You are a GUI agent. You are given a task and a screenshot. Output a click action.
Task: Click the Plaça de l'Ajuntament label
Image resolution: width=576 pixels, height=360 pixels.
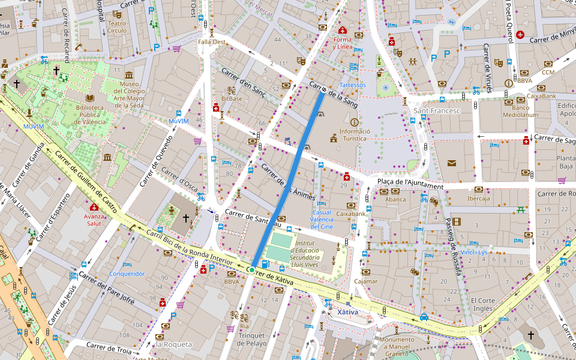[410, 182]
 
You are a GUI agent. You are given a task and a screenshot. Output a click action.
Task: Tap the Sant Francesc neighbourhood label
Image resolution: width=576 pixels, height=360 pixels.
[437, 111]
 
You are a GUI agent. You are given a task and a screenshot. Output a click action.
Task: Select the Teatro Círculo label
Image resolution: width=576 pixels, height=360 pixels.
[117, 26]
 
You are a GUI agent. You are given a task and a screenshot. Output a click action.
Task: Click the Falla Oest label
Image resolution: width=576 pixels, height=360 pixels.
[212, 42]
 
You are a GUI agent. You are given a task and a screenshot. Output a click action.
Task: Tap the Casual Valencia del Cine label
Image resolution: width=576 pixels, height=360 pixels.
[322, 219]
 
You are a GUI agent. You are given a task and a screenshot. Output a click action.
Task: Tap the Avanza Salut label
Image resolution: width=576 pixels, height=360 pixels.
[94, 219]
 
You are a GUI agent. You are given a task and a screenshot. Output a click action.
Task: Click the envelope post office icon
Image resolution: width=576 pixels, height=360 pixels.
[451, 163]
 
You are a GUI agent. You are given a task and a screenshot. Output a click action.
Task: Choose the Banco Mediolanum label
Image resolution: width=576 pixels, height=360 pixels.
[516, 111]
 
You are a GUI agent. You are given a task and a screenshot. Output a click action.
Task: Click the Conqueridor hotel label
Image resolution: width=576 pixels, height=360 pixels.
[127, 274]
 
